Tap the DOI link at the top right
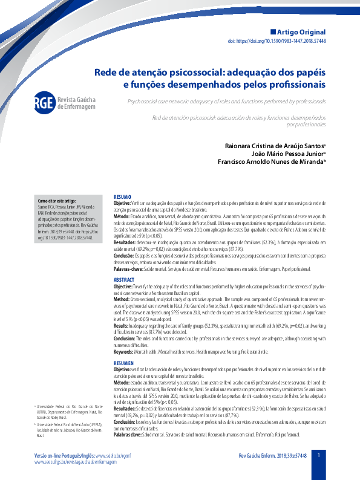tap(285, 42)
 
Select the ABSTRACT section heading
tap(124, 264)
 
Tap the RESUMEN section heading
tap(124, 362)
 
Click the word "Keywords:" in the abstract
tap(124, 351)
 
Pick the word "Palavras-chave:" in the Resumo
tap(129, 252)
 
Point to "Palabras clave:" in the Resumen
tap(128, 435)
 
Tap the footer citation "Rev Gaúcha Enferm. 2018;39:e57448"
tap(273, 455)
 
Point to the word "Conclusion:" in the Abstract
tap(128, 339)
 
